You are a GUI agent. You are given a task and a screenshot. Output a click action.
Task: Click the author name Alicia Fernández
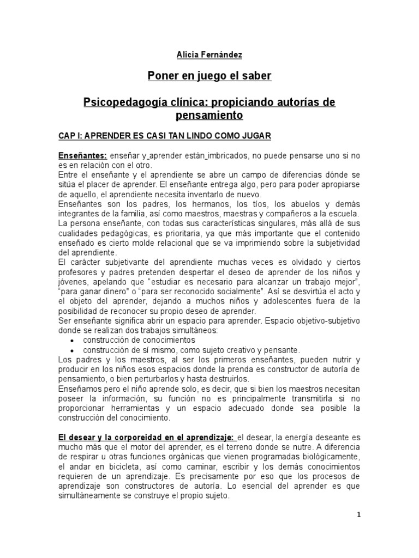point(209,55)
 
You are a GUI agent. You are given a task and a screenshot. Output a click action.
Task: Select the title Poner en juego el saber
point(209,76)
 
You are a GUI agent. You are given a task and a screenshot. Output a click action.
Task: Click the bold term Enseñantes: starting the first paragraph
point(83,156)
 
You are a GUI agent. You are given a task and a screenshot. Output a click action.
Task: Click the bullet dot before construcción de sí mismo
point(73,350)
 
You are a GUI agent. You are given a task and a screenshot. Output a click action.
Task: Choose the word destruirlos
point(228,379)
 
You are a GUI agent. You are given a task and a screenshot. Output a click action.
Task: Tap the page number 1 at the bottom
point(359,515)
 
